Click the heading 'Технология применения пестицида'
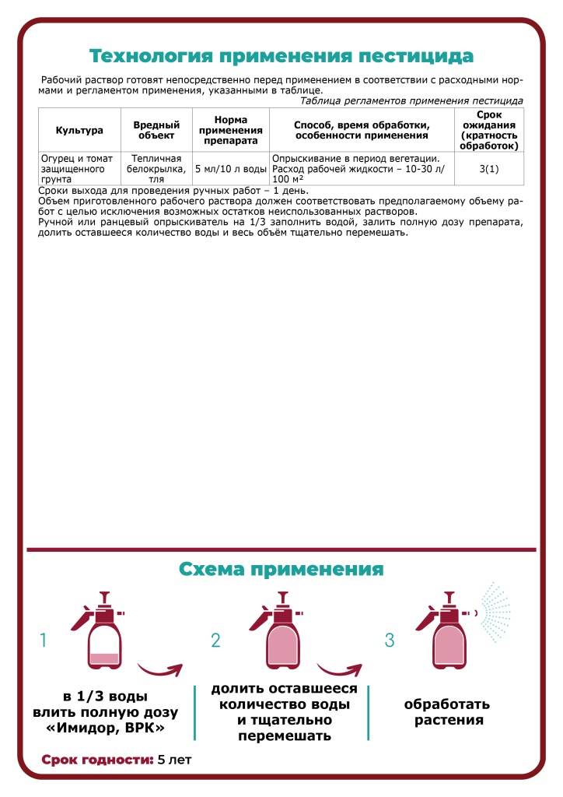point(281,57)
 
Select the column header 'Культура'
point(79,130)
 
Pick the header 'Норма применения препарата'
point(230,130)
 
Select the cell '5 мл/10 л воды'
point(230,168)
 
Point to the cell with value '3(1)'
point(488,168)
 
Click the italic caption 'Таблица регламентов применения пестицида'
point(411,101)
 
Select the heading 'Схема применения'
point(281,569)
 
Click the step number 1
point(44,641)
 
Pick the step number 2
point(216,641)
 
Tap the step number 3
point(390,641)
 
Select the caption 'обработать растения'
point(446,712)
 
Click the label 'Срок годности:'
point(96,759)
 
